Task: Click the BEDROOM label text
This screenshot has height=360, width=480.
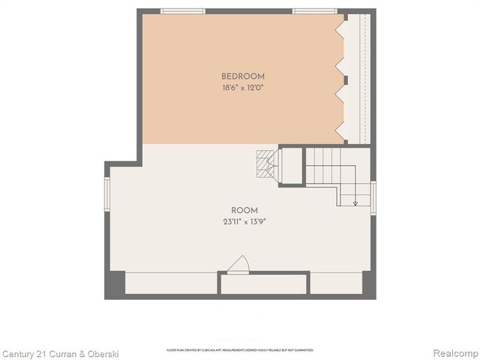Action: pyautogui.click(x=243, y=76)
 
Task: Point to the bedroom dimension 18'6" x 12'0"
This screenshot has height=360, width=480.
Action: pyautogui.click(x=243, y=88)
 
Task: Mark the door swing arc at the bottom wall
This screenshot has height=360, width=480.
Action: pyautogui.click(x=238, y=264)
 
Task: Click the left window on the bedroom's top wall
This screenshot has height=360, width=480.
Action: pyautogui.click(x=182, y=11)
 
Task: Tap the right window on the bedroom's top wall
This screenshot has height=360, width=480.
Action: pyautogui.click(x=314, y=11)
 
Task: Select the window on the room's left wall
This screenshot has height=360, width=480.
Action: pyautogui.click(x=107, y=193)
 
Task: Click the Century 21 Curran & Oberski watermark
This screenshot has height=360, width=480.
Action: pyautogui.click(x=60, y=353)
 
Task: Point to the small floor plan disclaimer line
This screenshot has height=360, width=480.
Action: pyautogui.click(x=240, y=349)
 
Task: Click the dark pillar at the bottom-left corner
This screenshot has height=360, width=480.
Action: pyautogui.click(x=115, y=283)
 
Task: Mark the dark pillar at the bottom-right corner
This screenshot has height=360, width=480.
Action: pyautogui.click(x=368, y=283)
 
